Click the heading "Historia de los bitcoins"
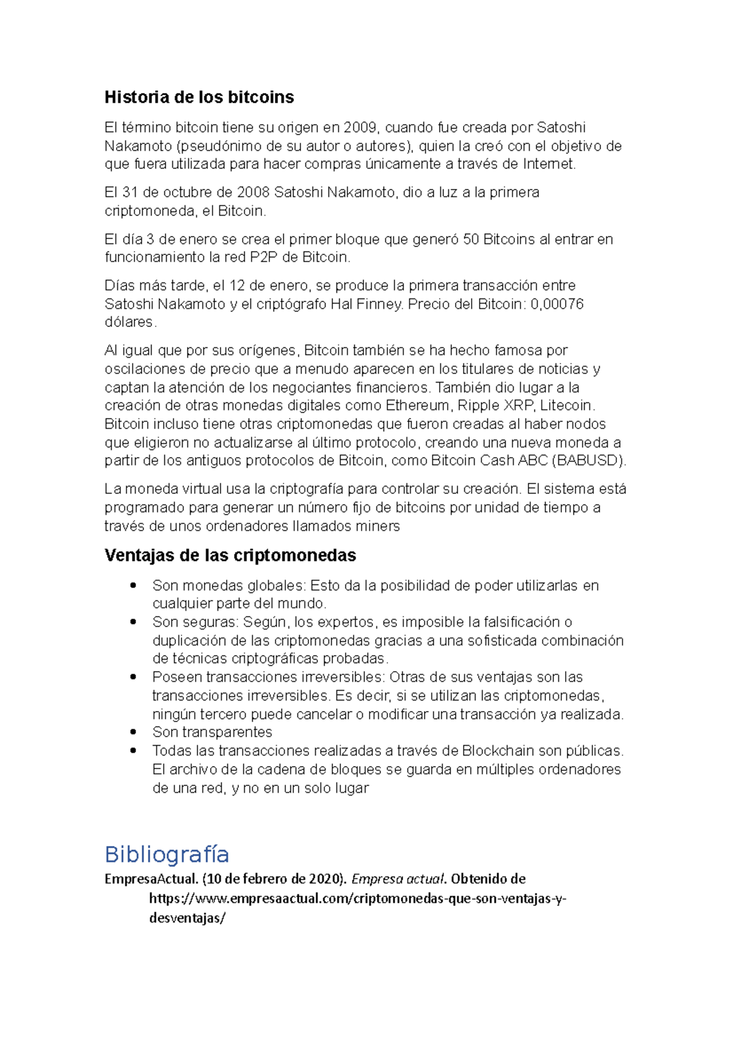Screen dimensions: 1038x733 pyautogui.click(x=199, y=97)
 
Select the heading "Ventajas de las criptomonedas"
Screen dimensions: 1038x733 pyautogui.click(x=230, y=555)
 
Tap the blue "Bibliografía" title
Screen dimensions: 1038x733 pyautogui.click(x=167, y=854)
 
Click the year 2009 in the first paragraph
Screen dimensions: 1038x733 pyautogui.click(x=360, y=127)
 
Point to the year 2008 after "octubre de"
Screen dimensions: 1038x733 pyautogui.click(x=253, y=193)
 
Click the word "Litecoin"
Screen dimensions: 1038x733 pyautogui.click(x=566, y=405)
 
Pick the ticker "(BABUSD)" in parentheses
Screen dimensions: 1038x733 pyautogui.click(x=588, y=460)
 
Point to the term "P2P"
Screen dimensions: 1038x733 pyautogui.click(x=264, y=257)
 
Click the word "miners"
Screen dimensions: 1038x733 pyautogui.click(x=381, y=526)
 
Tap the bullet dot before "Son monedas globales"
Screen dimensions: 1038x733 pyautogui.click(x=133, y=585)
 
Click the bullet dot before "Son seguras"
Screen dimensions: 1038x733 pyautogui.click(x=133, y=622)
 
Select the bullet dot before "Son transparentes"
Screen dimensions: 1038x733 pyautogui.click(x=133, y=732)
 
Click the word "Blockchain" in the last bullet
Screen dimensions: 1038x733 pyautogui.click(x=497, y=751)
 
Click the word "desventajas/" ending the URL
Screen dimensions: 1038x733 pyautogui.click(x=188, y=918)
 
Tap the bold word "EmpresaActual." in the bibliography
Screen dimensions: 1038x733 pyautogui.click(x=151, y=879)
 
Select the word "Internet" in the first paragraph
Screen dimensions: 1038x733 pyautogui.click(x=549, y=164)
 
